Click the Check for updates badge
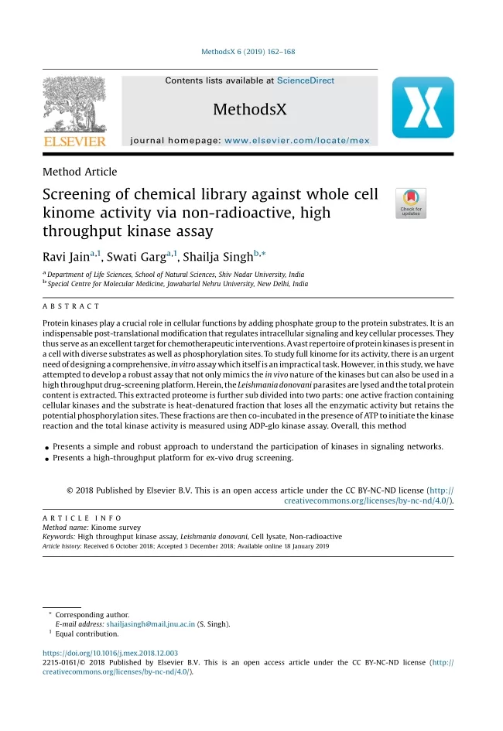pos(410,203)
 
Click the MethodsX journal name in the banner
pos(249,109)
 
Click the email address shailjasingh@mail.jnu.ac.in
pos(151,623)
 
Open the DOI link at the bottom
pos(110,653)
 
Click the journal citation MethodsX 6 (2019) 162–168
pos(248,52)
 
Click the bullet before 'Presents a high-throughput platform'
pos(46,459)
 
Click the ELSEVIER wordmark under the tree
pos(74,142)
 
